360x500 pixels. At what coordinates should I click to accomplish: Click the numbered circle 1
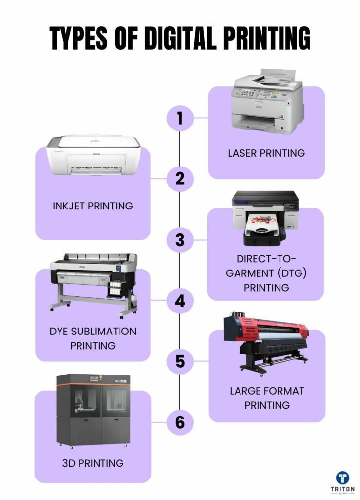tap(180, 118)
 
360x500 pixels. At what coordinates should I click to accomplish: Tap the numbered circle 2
tap(180, 179)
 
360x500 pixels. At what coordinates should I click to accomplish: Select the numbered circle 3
tap(180, 240)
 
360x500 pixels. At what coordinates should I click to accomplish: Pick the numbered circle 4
tap(180, 301)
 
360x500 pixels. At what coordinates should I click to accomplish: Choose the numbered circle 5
tap(180, 362)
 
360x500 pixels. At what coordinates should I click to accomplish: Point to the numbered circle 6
tap(180, 422)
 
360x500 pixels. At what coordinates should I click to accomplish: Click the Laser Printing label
tap(266, 153)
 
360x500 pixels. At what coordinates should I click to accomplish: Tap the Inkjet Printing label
tap(93, 206)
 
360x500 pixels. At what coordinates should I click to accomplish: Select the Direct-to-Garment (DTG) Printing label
tap(266, 273)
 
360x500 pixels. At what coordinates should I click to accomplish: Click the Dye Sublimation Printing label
tap(93, 338)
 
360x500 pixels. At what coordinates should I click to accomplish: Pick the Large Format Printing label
tap(267, 397)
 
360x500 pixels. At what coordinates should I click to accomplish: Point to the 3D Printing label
tap(93, 463)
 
